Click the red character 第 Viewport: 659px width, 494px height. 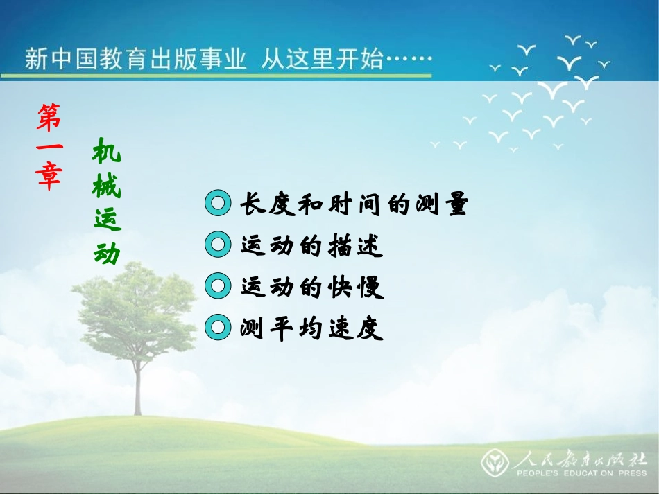tap(49, 117)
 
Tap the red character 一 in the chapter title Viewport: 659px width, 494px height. tap(49, 148)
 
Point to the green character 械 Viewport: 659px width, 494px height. tap(107, 185)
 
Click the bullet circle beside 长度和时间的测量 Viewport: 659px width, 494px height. tap(218, 204)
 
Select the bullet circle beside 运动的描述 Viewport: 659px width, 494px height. tap(218, 245)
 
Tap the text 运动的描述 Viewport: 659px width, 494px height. tap(311, 245)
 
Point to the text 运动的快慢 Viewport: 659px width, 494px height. tap(311, 286)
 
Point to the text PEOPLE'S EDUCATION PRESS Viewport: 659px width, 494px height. tap(582, 474)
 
